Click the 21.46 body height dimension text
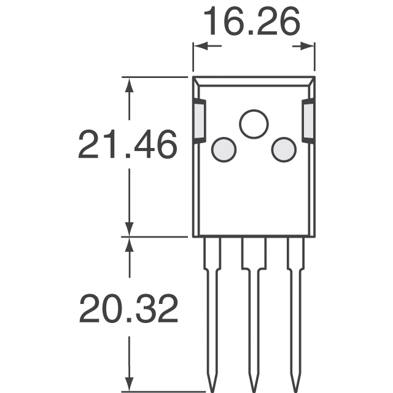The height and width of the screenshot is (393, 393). (128, 145)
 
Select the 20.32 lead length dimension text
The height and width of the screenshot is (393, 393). (128, 309)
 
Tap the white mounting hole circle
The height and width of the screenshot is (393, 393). (254, 125)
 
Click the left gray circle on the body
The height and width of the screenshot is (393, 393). (224, 150)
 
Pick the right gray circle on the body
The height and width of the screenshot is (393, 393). (284, 150)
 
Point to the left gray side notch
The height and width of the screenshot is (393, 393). (200, 121)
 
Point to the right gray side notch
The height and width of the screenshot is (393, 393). (308, 121)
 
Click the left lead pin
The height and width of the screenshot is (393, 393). (212, 307)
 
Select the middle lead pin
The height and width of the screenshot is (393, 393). (254, 307)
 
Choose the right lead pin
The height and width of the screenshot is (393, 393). (295, 307)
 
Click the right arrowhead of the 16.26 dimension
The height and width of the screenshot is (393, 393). (306, 45)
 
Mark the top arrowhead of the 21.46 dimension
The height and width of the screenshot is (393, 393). (129, 85)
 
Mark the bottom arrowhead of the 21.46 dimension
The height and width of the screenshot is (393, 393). (129, 228)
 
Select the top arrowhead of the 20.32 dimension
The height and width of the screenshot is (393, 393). (129, 244)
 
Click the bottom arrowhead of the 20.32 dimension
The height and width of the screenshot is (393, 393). (129, 381)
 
